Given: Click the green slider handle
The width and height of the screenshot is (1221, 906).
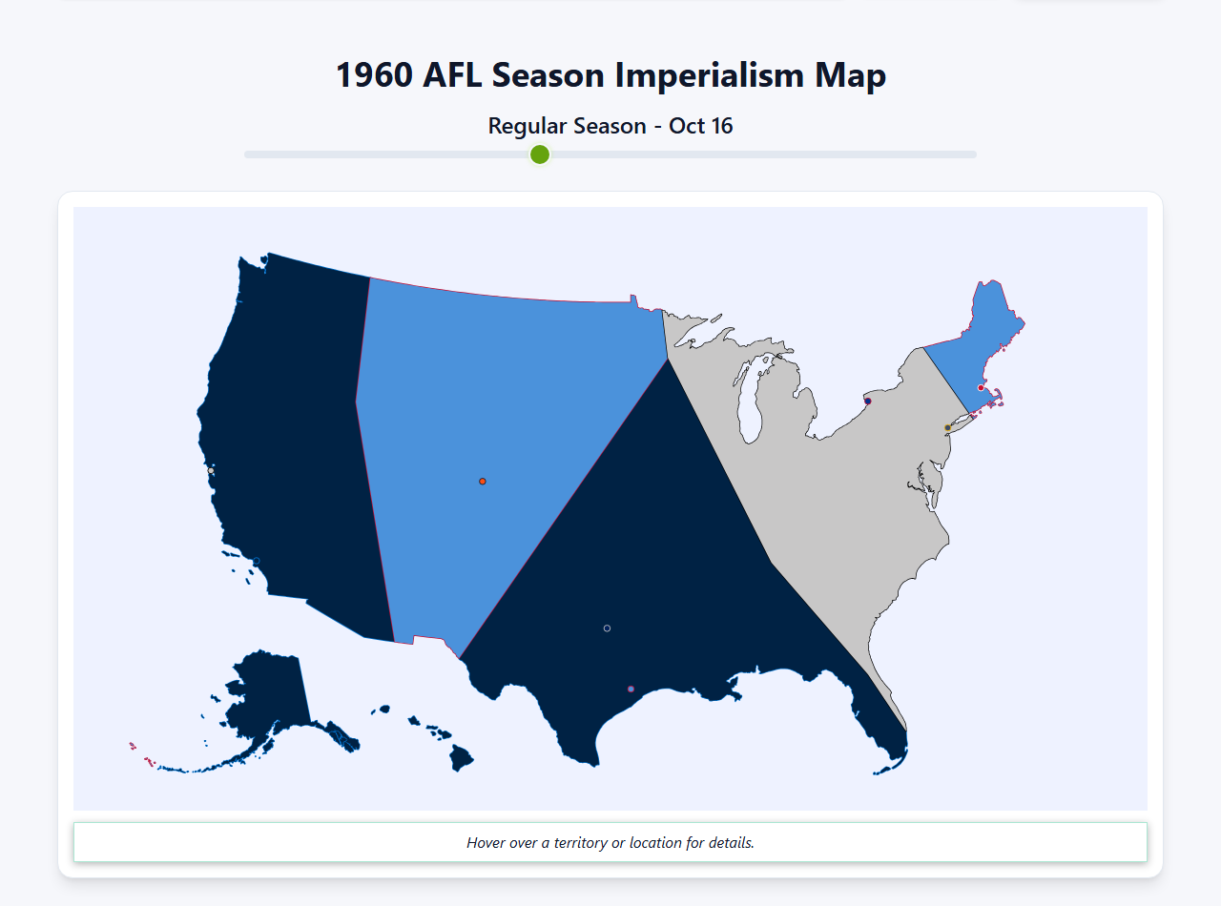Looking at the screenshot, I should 540,154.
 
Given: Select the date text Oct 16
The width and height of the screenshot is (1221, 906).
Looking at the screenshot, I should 701,126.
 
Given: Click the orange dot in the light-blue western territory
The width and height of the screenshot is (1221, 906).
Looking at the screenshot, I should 483,482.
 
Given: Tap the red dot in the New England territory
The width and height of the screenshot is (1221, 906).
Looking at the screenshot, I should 981,387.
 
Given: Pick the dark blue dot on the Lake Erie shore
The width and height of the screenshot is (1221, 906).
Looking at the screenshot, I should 867,402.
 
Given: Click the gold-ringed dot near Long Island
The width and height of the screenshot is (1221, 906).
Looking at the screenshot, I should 947,427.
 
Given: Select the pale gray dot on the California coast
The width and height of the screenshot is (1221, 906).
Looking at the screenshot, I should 211,470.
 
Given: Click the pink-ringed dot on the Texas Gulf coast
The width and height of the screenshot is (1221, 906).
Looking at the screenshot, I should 631,689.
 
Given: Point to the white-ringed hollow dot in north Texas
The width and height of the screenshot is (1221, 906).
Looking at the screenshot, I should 607,628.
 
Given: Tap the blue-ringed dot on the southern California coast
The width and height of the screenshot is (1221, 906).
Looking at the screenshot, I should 256,561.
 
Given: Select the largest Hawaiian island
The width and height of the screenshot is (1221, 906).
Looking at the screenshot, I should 462,758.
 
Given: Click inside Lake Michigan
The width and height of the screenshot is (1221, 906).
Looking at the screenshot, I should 753,401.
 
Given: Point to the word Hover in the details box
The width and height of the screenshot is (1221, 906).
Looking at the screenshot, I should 486,843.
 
